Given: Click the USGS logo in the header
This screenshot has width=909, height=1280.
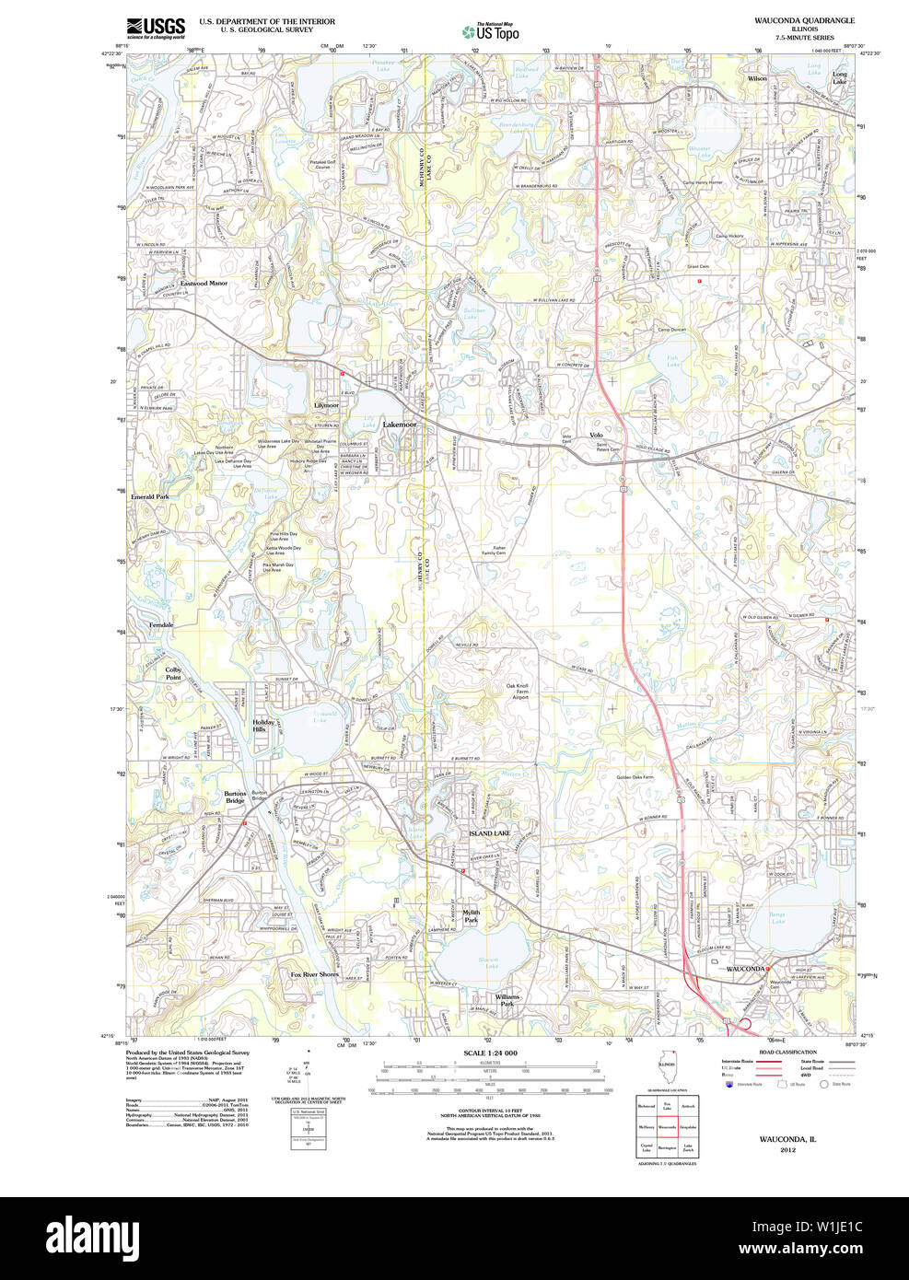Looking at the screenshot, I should [x=156, y=28].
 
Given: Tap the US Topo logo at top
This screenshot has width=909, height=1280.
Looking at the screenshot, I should [x=491, y=31].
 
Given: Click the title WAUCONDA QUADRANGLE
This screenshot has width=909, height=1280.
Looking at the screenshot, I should [x=804, y=20].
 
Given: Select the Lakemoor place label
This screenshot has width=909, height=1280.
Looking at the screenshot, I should [x=400, y=425].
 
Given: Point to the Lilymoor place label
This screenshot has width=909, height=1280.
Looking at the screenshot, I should [x=326, y=405].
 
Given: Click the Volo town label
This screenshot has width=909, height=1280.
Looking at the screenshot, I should [x=596, y=435].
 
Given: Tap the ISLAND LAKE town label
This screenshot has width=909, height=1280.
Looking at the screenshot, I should [x=489, y=833].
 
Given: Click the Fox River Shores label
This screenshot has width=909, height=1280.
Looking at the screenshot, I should [x=315, y=973].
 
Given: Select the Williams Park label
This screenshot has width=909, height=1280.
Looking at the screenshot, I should [x=507, y=1000].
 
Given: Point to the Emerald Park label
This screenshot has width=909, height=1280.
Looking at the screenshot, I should [x=149, y=496].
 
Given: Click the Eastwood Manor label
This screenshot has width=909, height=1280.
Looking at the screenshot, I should [x=204, y=284].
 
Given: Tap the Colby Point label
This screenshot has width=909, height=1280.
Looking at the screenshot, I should [x=173, y=673].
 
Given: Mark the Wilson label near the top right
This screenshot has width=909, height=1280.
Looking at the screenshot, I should [x=757, y=79].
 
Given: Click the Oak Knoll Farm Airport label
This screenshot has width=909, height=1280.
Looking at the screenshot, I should [x=517, y=692].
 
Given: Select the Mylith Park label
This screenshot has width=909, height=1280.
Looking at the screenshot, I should [x=472, y=916].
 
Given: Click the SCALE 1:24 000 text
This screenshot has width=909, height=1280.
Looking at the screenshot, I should [x=490, y=1053].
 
